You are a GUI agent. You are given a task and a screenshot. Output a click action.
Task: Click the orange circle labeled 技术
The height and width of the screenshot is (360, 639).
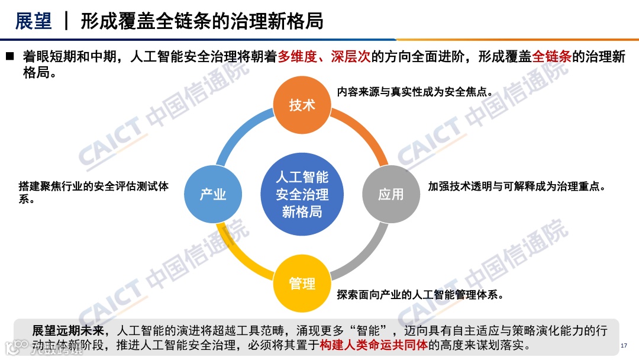click(302, 105)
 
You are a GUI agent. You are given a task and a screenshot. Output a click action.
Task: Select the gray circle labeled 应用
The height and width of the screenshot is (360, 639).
click(390, 194)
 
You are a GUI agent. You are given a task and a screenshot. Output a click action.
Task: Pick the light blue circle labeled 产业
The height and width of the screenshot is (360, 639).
click(213, 194)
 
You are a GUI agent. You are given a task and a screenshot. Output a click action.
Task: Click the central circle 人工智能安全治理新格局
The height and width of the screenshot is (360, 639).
click(302, 194)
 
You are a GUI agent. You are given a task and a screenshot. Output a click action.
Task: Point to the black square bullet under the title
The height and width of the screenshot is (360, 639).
click(9, 56)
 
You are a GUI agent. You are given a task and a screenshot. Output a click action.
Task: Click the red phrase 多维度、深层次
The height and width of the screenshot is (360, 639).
click(324, 57)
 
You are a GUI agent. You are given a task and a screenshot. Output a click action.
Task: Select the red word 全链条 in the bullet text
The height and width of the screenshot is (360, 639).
click(551, 57)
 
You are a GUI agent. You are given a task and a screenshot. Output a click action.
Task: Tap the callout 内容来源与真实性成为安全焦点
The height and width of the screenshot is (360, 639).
click(415, 92)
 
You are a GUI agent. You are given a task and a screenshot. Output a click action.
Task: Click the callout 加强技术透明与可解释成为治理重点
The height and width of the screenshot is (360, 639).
click(517, 187)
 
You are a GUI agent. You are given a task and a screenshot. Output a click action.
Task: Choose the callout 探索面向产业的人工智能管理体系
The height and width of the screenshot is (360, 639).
click(420, 294)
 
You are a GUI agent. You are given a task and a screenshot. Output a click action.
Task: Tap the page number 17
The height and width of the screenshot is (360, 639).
click(624, 345)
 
